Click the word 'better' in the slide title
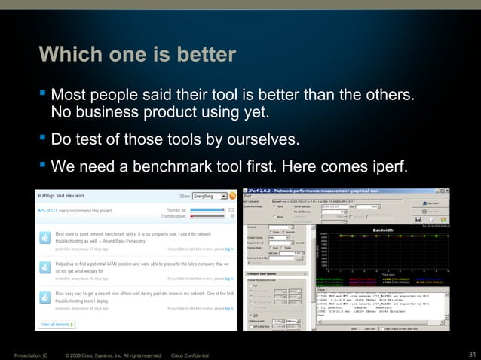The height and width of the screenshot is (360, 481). coord(202,55)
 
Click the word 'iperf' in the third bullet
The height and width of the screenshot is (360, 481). coord(387,166)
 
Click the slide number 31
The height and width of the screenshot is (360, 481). coord(472,355)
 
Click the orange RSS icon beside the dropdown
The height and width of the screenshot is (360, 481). coord(232,196)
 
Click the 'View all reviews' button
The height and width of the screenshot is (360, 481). coord(57,324)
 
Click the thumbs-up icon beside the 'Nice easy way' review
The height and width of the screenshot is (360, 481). coord(44,296)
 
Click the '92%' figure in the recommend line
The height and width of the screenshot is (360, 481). coord(42,211)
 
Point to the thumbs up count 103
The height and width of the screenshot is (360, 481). coord(231,210)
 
